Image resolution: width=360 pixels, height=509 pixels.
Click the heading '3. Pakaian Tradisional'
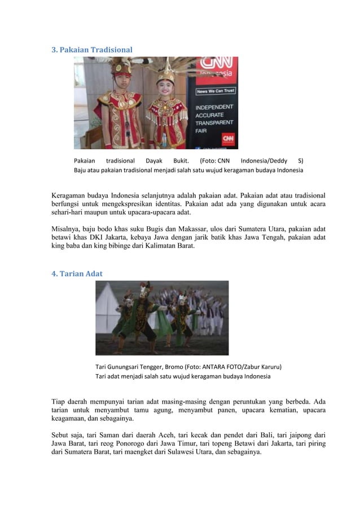point(92,50)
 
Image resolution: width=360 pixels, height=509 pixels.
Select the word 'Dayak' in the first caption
point(153,160)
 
